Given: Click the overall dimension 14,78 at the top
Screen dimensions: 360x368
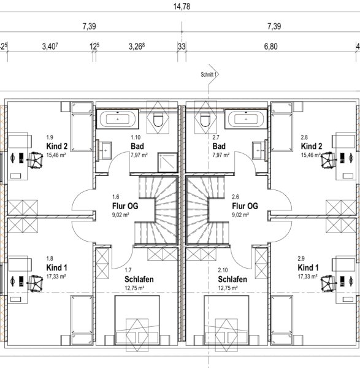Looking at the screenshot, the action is point(182,6).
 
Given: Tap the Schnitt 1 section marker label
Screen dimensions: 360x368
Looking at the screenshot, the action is point(208,74).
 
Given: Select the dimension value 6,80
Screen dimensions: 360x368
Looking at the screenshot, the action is point(271,47).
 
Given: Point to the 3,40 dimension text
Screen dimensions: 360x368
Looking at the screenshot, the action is point(50,47).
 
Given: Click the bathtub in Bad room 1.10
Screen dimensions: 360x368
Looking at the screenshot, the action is point(118,119).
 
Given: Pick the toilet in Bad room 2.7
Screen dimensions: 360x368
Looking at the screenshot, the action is point(205,120).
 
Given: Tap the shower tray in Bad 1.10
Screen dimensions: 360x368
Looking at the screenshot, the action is point(167,163).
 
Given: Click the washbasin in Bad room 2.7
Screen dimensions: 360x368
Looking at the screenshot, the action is point(259,151).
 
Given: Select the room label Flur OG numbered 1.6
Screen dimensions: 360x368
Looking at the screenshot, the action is point(125,206).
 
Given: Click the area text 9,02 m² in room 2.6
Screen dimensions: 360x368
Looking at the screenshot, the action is point(240,215).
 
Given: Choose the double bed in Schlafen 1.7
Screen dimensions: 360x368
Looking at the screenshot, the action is point(137,320).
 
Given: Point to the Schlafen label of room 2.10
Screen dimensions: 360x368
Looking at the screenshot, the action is point(232,279).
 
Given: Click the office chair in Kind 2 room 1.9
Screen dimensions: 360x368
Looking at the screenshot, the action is point(35,160).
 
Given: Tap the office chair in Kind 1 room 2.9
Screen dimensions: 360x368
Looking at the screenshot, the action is point(327,283).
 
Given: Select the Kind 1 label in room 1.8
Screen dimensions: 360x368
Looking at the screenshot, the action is point(57,267).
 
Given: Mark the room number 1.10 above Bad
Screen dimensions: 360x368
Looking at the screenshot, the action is point(136,137).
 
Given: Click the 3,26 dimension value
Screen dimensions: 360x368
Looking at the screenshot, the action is point(136,47).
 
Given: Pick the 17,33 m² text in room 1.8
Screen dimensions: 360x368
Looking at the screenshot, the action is point(56,277).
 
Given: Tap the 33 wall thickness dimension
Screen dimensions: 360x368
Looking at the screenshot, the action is point(182,47).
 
